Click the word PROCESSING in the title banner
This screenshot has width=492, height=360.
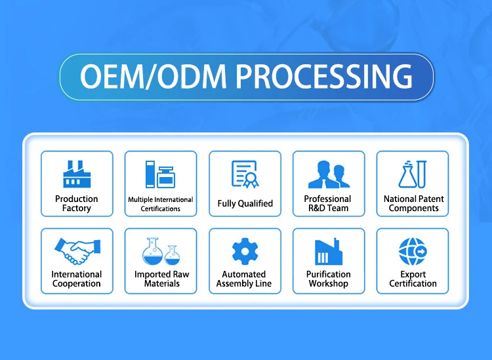click(324, 76)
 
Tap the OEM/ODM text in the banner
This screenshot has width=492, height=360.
click(153, 76)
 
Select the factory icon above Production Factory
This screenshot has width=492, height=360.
click(77, 174)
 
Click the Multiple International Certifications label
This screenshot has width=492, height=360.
click(161, 204)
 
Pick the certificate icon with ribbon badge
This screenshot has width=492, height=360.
click(245, 174)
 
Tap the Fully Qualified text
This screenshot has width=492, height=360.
click(245, 203)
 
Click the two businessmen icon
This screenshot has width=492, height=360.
click(329, 174)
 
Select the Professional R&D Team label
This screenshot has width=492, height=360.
click(327, 203)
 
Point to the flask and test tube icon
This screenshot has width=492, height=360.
click(413, 174)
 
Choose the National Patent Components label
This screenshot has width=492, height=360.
click(413, 203)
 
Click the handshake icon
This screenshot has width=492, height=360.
click(77, 251)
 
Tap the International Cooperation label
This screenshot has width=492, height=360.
click(77, 279)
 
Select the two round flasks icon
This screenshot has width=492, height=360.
click(161, 251)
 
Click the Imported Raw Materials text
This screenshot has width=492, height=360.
click(161, 279)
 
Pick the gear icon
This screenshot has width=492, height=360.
click(245, 251)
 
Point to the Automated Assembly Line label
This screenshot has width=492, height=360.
click(244, 279)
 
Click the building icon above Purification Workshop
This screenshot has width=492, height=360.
click(329, 251)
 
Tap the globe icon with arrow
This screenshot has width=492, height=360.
click(413, 251)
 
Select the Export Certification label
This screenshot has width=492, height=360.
click(413, 279)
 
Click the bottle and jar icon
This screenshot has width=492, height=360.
click(160, 174)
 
